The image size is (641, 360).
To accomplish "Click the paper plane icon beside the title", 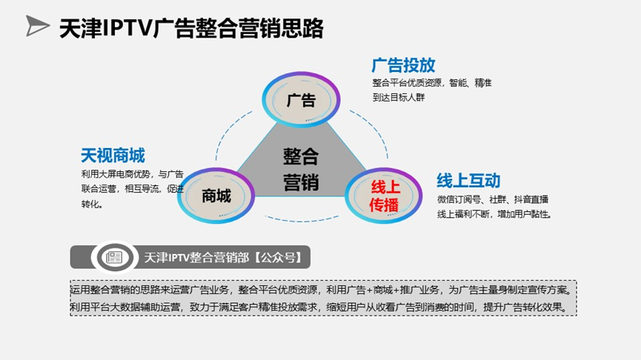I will pos(37,27).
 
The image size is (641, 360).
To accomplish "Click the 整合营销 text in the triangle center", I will pos(300,169).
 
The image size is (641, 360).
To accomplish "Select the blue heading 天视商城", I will pos(113,156).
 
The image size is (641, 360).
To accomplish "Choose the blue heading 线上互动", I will pos(468,181).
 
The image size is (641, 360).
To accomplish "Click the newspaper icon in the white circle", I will pos(115,257).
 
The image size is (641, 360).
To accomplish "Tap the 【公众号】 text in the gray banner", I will pos(273,258).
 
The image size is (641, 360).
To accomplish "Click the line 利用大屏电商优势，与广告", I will pos(132,174).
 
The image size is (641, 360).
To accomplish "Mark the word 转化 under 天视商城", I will pos(92,204).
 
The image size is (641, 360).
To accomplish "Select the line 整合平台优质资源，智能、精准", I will pos(432,82).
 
